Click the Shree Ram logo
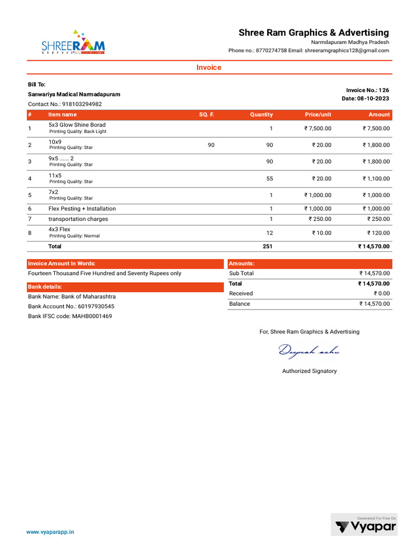click(x=73, y=42)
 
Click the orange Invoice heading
click(x=208, y=67)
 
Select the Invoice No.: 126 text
click(x=367, y=90)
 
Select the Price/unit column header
click(x=318, y=115)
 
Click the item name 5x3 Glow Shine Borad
click(x=77, y=125)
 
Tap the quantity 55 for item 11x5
click(x=269, y=179)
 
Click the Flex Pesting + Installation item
click(x=82, y=208)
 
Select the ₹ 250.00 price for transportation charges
click(x=320, y=219)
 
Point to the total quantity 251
click(x=267, y=247)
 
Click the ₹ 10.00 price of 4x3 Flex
click(x=321, y=233)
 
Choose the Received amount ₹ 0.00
click(x=378, y=294)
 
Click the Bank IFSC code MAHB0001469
click(x=70, y=316)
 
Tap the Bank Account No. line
click(x=71, y=306)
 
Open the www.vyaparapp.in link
click(x=50, y=533)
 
